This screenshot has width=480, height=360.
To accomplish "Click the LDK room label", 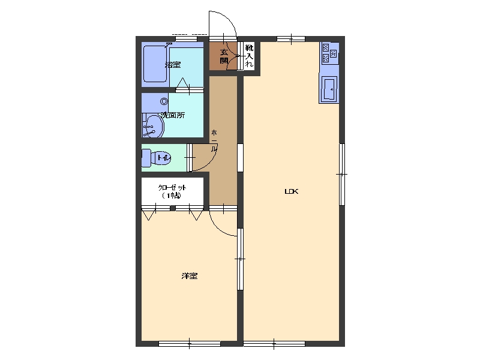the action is coord(291,191).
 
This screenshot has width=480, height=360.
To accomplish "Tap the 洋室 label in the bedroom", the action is coord(189,276).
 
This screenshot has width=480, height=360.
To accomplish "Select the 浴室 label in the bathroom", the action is coord(173,65).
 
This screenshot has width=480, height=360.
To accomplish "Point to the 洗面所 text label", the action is coord(173,115).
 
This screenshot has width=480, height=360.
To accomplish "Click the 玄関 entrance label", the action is coord(224,56).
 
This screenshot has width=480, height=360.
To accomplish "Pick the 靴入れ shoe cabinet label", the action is coord(250,56).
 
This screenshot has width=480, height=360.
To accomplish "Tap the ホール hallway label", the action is coord(214,141).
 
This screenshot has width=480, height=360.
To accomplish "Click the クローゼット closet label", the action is coord(172,191).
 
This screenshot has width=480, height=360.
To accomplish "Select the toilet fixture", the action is coord(156,158).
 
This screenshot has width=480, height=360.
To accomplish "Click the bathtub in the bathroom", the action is coord(155,64).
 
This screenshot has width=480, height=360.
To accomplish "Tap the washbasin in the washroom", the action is coord(153,125).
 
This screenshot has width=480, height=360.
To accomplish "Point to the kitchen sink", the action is coord(329,89).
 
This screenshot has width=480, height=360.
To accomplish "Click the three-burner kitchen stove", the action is coord(329,53).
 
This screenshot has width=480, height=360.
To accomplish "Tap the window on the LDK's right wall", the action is coord(342,174).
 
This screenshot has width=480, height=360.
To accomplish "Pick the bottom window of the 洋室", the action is coord(190,344).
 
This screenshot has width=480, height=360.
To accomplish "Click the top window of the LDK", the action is coord(291,39).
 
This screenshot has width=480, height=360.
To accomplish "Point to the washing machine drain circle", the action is coord(164,101).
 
